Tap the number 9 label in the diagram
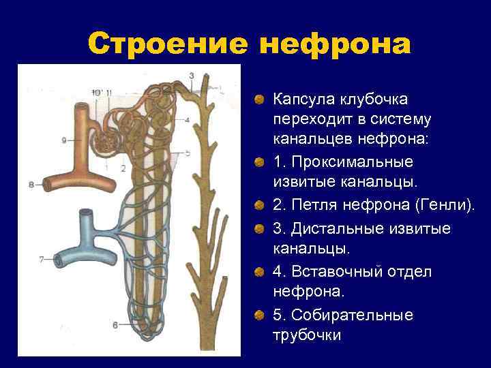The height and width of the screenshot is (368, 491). (63, 140)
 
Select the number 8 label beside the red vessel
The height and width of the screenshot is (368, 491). (31, 184)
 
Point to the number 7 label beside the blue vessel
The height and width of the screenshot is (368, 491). (41, 259)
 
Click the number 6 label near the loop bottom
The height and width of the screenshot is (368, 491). (115, 325)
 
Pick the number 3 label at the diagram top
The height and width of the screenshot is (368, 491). (192, 75)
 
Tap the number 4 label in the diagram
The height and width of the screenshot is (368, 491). (186, 120)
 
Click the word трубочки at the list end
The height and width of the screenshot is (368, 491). (307, 335)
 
